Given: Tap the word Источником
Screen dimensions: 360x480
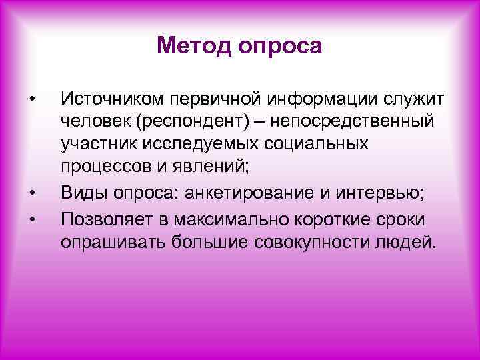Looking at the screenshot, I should (x=113, y=101).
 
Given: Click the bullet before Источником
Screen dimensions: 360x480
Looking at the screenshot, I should (x=31, y=101).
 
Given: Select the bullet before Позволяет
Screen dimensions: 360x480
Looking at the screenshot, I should (x=31, y=218).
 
